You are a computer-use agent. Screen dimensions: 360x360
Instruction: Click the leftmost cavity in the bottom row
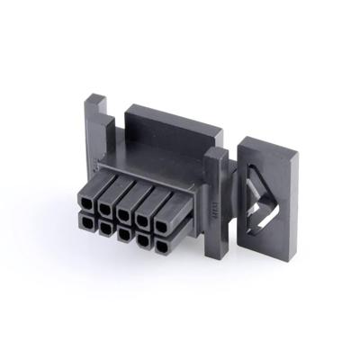coord(88,222)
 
